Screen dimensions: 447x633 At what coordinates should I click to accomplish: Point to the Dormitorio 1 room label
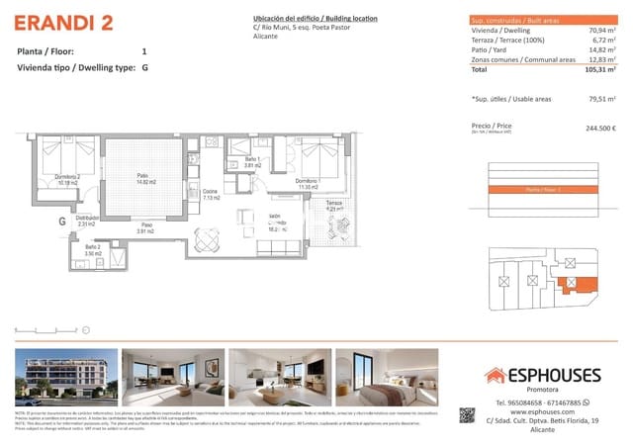click(306, 182)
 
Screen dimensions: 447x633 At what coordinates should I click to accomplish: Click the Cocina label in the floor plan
click(210, 194)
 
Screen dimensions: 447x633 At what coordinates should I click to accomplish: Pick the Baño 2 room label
click(92, 250)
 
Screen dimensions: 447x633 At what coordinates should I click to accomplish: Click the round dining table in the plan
click(207, 238)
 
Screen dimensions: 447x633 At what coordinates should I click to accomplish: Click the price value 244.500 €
click(600, 129)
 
